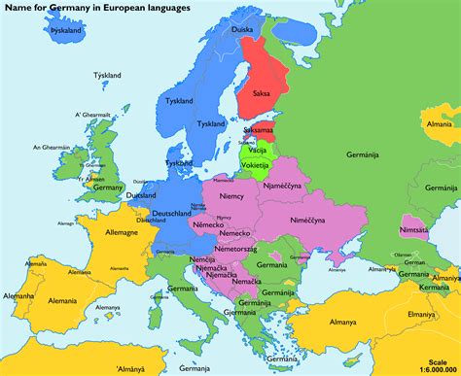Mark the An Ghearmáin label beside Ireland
[50, 148]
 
